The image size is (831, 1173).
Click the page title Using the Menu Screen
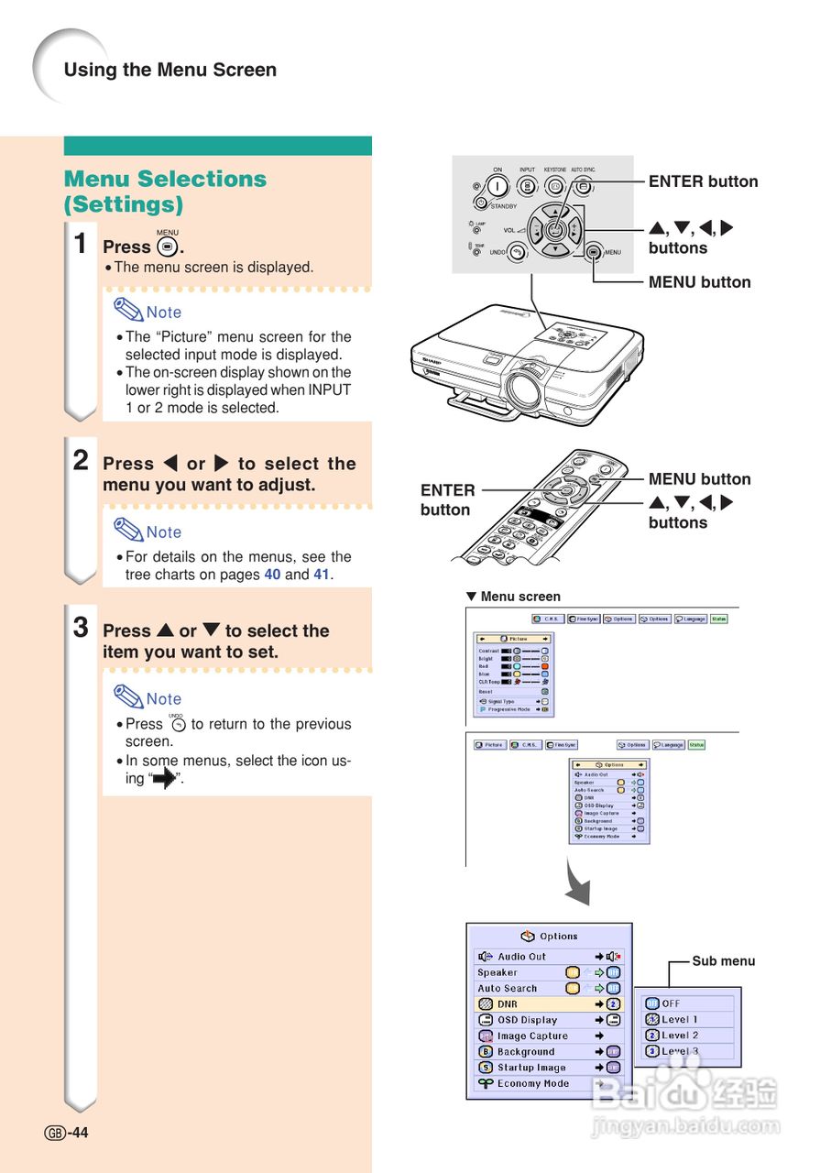(169, 70)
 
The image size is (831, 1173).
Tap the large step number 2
(82, 461)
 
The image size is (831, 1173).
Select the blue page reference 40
(272, 575)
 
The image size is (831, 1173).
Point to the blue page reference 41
(321, 575)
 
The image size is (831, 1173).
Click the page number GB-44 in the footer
(67, 1133)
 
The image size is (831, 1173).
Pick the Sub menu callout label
(723, 960)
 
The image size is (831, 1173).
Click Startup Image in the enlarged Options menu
(531, 1068)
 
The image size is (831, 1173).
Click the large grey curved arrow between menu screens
(577, 883)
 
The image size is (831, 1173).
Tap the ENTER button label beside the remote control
(447, 499)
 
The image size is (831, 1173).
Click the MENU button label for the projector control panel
(699, 282)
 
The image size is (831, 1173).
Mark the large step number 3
(82, 629)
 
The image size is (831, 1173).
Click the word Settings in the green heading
(123, 203)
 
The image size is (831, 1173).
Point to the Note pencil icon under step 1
(127, 309)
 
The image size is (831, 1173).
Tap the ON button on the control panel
(498, 187)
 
